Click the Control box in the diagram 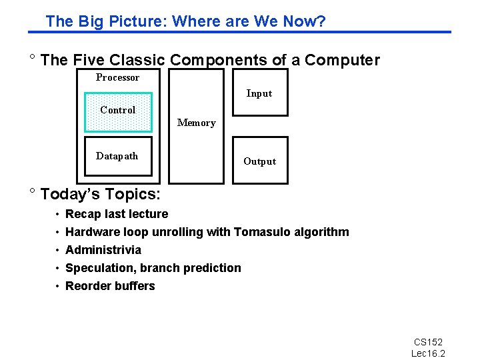coord(118,112)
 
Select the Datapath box coord(118,157)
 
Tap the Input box coord(259,93)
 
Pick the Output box coord(259,161)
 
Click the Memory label coord(196,123)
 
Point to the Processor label coord(117,77)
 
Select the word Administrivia coord(103,250)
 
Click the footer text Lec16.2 coord(428,353)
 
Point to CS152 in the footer coord(428,342)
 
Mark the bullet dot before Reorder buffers coord(58,286)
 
